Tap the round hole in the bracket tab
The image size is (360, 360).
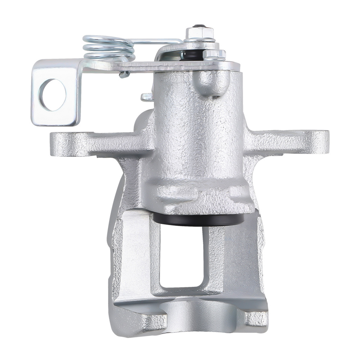53,95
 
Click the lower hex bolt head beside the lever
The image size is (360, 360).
215,54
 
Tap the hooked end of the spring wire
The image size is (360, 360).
124,75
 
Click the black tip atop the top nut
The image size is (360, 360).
198,26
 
